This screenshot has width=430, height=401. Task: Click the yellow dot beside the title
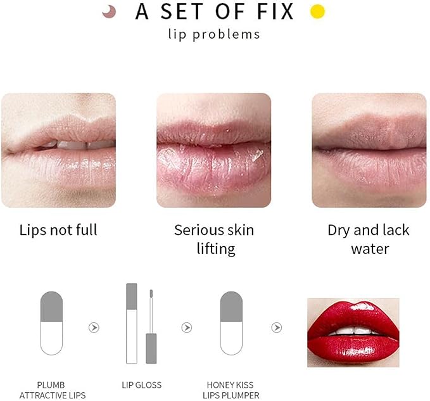pos(317,11)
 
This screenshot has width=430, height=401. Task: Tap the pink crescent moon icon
pos(110,12)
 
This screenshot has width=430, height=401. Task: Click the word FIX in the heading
pos(275,11)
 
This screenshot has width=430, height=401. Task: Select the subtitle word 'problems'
pos(226,35)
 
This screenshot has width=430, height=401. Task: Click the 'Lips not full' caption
pos(58,229)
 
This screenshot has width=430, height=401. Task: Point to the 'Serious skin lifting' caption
pos(214,239)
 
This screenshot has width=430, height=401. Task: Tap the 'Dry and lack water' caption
pos(369,239)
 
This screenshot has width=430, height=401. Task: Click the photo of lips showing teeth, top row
pos(58,150)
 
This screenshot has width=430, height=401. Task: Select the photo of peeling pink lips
pos(214,150)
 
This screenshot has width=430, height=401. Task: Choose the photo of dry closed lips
pos(369,150)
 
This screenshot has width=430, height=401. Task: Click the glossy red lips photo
pos(353,333)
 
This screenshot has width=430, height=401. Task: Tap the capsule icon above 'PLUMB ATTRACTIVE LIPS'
pos(51,323)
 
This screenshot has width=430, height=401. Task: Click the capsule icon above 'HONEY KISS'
pos(231,323)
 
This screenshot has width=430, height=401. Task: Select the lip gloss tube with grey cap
pos(132,323)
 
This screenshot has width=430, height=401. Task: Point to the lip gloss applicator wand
pos(151,326)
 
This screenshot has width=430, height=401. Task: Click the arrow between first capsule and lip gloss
pos(94,328)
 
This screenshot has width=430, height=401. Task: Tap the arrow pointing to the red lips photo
pos(277,328)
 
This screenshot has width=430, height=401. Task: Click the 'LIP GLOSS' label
pos(142,385)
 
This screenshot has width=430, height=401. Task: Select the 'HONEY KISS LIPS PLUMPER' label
pos(231,390)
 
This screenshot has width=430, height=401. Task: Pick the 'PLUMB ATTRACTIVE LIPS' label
pos(53,390)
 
